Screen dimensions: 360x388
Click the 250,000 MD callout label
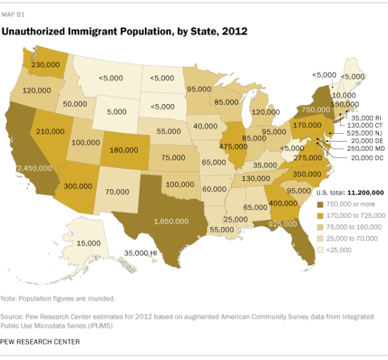(x=363, y=149)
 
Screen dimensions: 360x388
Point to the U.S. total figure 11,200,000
(x=366, y=193)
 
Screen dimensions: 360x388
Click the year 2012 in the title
(x=235, y=30)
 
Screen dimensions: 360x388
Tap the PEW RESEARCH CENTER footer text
(x=41, y=341)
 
